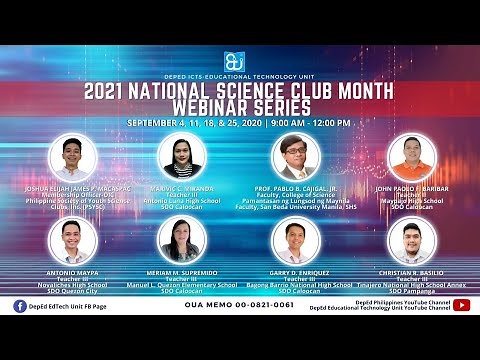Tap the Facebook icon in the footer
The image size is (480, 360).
click(x=20, y=306)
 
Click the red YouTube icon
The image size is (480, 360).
click(x=461, y=305)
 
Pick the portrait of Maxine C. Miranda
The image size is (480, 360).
click(x=182, y=156)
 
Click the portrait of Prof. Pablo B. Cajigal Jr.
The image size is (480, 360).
click(x=295, y=157)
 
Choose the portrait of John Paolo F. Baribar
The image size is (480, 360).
click(x=410, y=157)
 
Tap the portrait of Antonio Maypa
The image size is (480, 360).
click(x=74, y=241)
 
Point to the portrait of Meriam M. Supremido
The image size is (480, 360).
click(x=182, y=241)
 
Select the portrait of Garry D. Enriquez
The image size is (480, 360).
click(x=295, y=241)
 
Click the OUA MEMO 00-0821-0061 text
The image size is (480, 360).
click(x=240, y=304)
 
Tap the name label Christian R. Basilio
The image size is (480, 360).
click(x=413, y=271)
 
